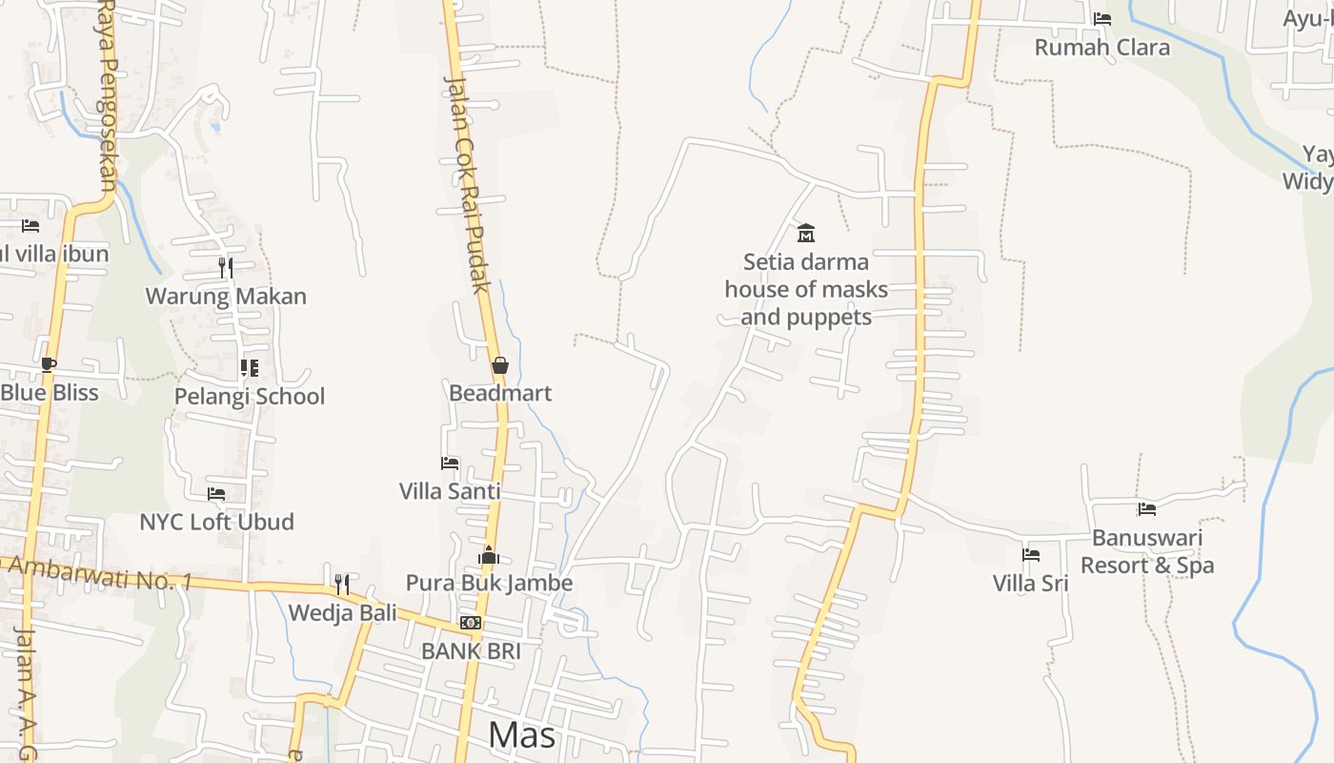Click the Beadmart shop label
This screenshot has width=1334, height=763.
[500, 393]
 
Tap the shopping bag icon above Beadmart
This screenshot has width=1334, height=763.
[500, 365]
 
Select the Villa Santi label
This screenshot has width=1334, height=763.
[450, 491]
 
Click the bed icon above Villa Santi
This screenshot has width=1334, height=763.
[450, 464]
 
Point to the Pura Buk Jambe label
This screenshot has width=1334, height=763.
[489, 583]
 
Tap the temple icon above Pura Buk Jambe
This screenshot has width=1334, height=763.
[489, 554]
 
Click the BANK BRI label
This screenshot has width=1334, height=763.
[471, 651]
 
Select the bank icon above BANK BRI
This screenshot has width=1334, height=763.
[471, 623]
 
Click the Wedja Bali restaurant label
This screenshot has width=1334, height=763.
[342, 612]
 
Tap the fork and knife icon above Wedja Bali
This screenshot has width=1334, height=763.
[342, 584]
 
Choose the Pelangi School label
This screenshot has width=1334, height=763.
[250, 396]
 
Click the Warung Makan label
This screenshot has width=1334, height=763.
[226, 296]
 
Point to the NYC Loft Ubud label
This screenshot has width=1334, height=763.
[216, 522]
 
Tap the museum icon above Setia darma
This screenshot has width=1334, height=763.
[806, 233]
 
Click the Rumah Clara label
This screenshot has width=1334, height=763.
[1102, 47]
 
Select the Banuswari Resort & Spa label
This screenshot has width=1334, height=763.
[1147, 551]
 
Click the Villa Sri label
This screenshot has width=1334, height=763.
[1031, 583]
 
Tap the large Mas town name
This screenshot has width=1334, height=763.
[521, 735]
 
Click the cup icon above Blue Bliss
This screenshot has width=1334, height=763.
[49, 364]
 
